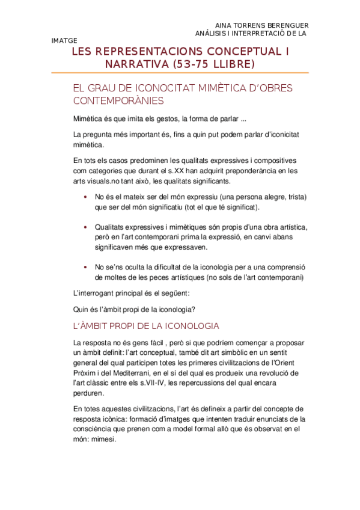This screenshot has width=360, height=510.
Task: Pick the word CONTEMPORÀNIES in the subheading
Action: point(118,102)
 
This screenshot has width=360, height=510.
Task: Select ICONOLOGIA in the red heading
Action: point(188,326)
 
